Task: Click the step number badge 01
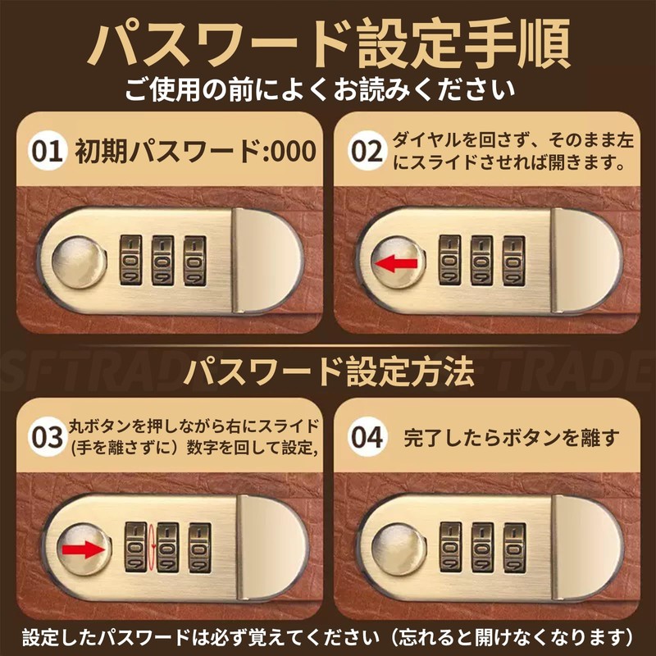point(48,151)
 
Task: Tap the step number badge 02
point(367,151)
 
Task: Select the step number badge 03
point(48,437)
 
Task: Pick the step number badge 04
point(367,437)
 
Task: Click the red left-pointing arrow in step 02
point(396,264)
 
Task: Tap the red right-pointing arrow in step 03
point(83,549)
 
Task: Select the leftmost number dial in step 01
point(131,260)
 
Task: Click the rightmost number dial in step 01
point(195,261)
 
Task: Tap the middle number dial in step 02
point(481,260)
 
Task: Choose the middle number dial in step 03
point(168,547)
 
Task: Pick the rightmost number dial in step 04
point(515,547)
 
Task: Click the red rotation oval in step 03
point(152,547)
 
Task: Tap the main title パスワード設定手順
point(329,44)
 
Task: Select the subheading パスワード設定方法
point(329,371)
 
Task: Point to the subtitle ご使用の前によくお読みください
point(320,89)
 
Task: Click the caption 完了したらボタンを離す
point(511,438)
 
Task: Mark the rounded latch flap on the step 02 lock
point(586,260)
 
